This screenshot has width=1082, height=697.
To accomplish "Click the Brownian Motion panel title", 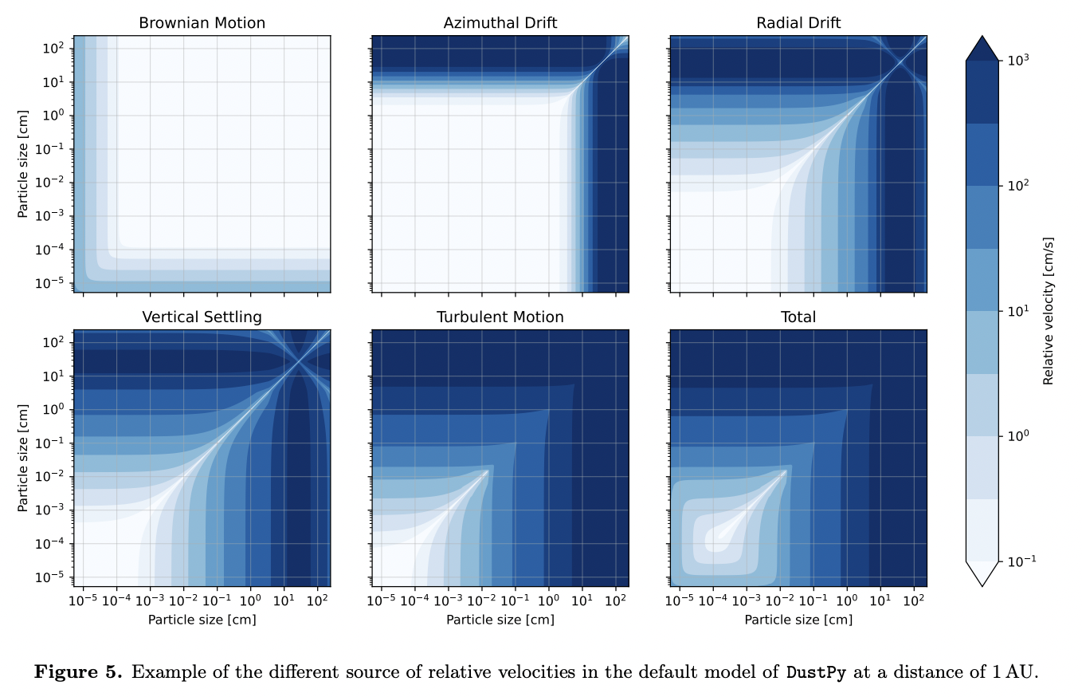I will [x=202, y=23].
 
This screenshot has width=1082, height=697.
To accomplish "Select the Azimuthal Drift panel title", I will [x=500, y=23].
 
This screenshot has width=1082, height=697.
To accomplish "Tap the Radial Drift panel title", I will [x=798, y=23].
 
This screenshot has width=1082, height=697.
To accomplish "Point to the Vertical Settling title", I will [x=202, y=317].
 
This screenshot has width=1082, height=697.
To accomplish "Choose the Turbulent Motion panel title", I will [x=500, y=317].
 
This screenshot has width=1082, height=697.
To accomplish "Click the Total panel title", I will [x=798, y=317].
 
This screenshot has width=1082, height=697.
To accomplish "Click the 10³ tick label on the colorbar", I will [x=1019, y=60].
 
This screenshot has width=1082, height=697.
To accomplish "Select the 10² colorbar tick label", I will [x=1019, y=185].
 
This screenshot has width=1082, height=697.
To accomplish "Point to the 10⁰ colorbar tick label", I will [x=1019, y=435].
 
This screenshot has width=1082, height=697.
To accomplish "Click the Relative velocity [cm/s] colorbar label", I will [x=1048, y=311].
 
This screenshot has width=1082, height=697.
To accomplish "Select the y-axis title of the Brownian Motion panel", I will [x=23, y=164].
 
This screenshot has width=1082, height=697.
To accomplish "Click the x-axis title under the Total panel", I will [x=798, y=620].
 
